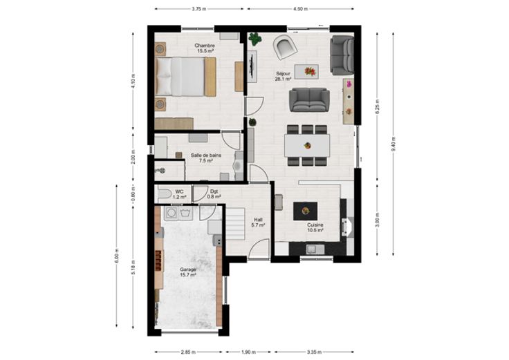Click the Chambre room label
click(205, 48)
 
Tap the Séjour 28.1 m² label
click(283, 76)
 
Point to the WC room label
click(179, 194)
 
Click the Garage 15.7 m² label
click(188, 272)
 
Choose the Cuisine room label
click(315, 227)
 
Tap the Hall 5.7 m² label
click(259, 222)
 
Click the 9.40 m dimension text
click(394, 144)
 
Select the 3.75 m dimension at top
click(199, 9)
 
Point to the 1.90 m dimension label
click(248, 352)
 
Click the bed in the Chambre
click(185, 77)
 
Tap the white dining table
click(307, 146)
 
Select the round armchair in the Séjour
click(285, 47)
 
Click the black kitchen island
click(306, 211)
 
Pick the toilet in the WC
click(165, 193)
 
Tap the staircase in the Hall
click(235, 224)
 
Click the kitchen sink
click(315, 249)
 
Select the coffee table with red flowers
click(306, 72)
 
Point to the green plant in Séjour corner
click(255, 39)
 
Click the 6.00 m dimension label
click(117, 256)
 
